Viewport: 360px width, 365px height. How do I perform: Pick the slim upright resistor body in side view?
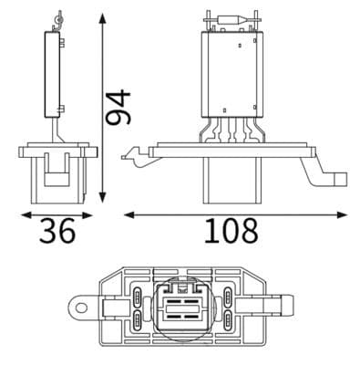click(x=56, y=73)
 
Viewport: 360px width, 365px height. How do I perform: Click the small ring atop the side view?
click(x=60, y=16)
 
